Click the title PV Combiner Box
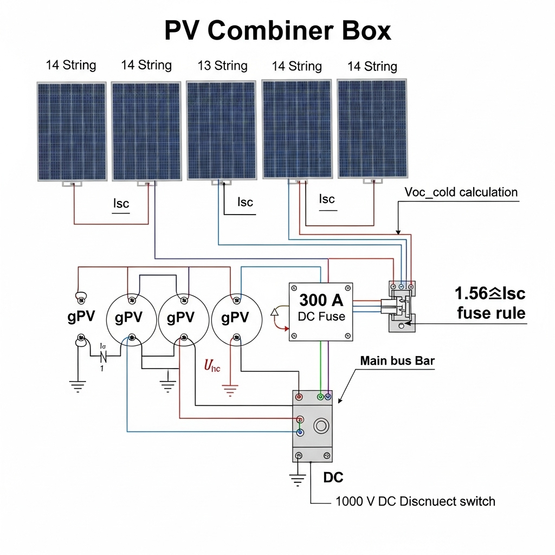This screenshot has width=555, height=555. [x=277, y=32]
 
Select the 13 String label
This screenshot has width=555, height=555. [x=222, y=66]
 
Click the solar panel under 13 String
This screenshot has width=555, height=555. [x=221, y=131]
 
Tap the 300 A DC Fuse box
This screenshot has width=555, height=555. [x=321, y=312]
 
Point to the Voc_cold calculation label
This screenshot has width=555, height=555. [x=461, y=192]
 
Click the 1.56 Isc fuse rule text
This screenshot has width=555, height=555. [x=491, y=303]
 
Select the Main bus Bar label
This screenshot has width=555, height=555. [x=397, y=361]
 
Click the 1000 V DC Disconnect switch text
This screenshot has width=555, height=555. [x=415, y=501]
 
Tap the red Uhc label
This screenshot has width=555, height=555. [x=212, y=366]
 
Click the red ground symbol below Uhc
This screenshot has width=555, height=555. [x=230, y=389]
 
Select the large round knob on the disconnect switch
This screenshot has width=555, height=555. [x=321, y=425]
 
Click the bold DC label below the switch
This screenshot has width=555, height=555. [x=333, y=477]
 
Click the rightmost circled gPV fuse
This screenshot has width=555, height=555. [x=236, y=318]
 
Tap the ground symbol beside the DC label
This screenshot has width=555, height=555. [x=297, y=480]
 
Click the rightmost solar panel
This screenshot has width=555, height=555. [x=372, y=129]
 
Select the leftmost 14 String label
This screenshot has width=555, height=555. [x=71, y=66]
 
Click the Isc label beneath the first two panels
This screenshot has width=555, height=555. [x=121, y=204]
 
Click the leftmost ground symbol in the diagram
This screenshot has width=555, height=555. [x=78, y=386]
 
